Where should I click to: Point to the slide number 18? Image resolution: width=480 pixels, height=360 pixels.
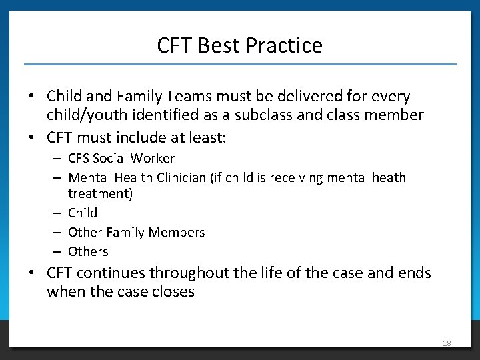coord(447,343)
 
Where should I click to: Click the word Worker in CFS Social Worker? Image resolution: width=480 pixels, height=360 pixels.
coord(154,158)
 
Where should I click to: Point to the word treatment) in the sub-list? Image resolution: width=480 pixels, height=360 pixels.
coord(101,193)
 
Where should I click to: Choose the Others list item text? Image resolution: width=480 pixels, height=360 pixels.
coord(88,251)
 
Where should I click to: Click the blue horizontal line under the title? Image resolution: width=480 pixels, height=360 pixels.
coord(240,64)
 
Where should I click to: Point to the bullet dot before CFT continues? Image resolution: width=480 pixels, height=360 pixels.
coord(31,273)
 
